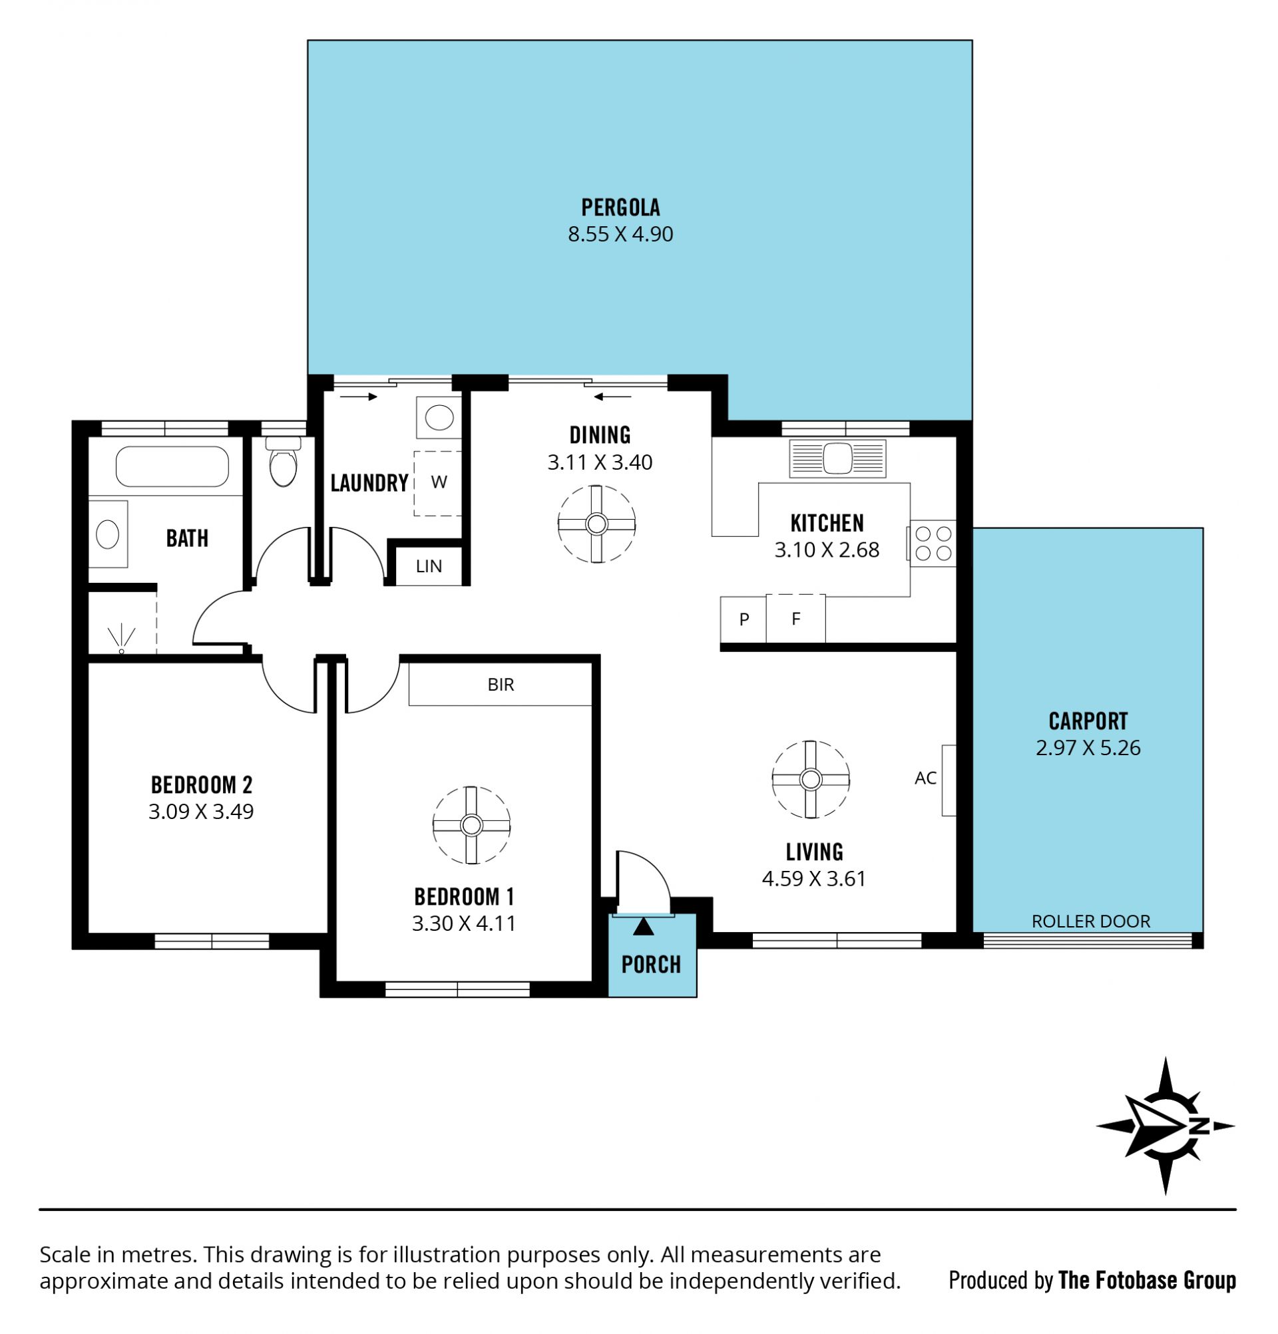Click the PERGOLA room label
[620, 207]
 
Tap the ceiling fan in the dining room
[596, 524]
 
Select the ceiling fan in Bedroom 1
[471, 825]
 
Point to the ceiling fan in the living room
[810, 779]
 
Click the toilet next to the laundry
[284, 460]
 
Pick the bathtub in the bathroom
[172, 466]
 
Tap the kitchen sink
[837, 458]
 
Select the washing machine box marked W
[439, 482]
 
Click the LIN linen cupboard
[428, 566]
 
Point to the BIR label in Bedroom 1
[501, 685]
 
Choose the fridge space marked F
[795, 619]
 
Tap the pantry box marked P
[744, 619]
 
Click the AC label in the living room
[925, 778]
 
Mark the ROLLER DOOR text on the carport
[1091, 921]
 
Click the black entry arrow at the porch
[644, 926]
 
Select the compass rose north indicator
[1165, 1126]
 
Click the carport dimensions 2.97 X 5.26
[1088, 747]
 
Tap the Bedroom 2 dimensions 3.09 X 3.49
[201, 811]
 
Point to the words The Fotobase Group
[1148, 1280]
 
